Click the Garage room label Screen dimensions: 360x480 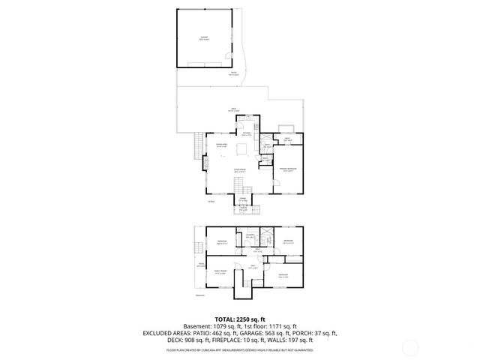204,39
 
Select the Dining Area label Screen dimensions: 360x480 221,145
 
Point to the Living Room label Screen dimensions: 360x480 239,172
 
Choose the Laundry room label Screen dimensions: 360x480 250,236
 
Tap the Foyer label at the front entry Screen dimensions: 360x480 243,201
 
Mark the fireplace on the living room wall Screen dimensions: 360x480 205,160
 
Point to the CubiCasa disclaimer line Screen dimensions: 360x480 239,349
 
